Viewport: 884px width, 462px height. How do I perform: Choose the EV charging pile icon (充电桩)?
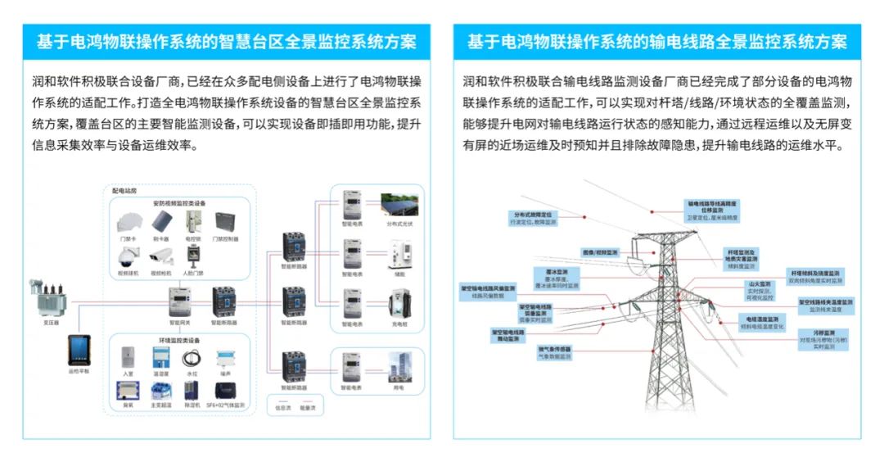pyautogui.click(x=399, y=306)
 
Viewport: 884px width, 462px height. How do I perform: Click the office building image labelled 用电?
pyautogui.click(x=399, y=366)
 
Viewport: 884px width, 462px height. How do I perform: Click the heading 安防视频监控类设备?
pyautogui.click(x=179, y=203)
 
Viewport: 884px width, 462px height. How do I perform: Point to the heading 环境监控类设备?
pyautogui.click(x=179, y=339)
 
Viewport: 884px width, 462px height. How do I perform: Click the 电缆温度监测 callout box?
pyautogui.click(x=762, y=321)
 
